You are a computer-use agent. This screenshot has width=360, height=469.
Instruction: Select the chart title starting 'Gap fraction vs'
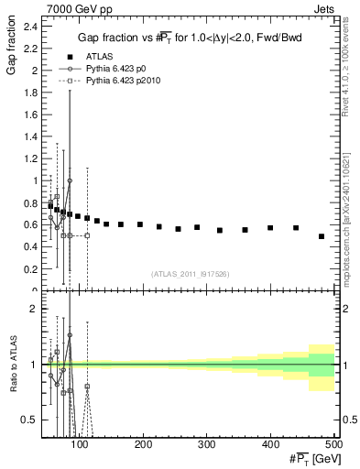(190, 36)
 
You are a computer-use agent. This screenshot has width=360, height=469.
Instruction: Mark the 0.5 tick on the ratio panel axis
(31, 420)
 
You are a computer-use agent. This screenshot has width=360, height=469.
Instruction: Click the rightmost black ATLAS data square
(322, 236)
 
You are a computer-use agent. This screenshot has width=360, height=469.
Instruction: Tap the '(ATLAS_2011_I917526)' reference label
(191, 273)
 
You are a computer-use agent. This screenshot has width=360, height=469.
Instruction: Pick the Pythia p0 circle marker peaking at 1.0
(70, 180)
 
